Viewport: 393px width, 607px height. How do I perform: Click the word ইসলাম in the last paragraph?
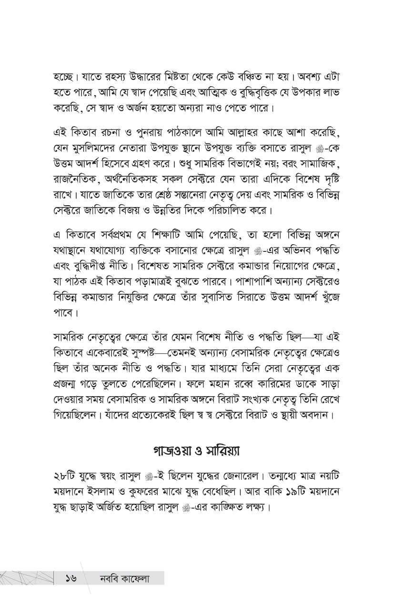[109, 491]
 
